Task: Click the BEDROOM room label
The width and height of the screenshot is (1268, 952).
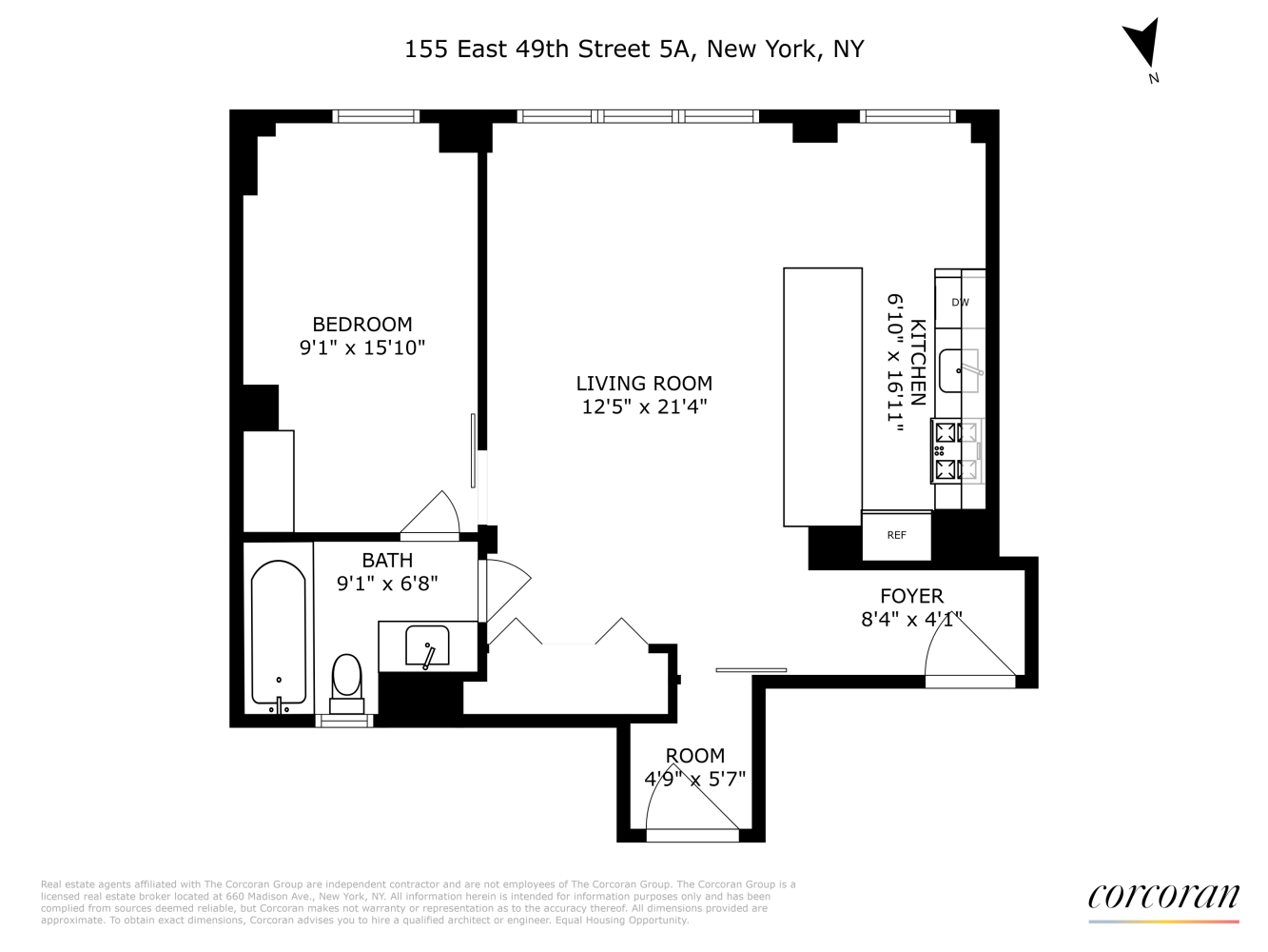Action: (362, 324)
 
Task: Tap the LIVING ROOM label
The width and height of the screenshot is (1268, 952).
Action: (644, 384)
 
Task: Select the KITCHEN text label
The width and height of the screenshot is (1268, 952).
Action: (918, 362)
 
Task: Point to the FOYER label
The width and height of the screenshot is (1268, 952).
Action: (911, 596)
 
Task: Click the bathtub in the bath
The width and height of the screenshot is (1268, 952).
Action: (279, 632)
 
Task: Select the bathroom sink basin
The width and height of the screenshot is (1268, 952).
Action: (427, 645)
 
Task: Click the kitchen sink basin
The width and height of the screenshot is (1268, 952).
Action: (959, 371)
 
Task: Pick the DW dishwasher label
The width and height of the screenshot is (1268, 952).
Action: (961, 303)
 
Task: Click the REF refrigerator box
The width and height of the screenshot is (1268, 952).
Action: (896, 535)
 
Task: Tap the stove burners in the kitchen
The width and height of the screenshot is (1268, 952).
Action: (957, 450)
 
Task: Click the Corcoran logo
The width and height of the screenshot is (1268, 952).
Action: (1163, 897)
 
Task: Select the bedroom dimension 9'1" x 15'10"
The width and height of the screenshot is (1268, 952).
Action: (362, 347)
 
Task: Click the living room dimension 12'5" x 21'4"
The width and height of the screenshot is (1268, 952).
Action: (644, 407)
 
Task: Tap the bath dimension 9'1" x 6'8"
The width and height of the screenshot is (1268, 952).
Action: (387, 584)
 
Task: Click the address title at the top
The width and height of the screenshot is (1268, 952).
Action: (634, 50)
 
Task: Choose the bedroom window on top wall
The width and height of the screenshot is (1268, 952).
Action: (376, 116)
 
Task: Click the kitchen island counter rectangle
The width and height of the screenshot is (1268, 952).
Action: (823, 396)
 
